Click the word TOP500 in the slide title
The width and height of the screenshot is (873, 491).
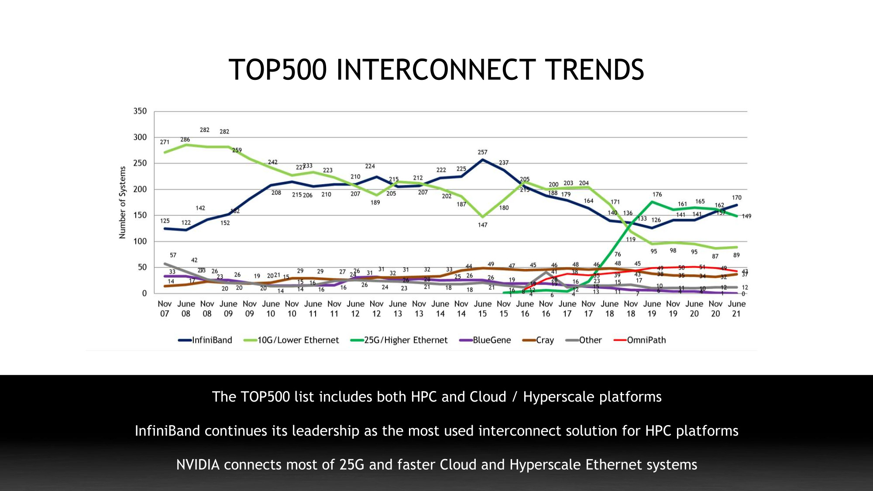[277, 70]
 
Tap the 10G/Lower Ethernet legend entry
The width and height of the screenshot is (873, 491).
[291, 340]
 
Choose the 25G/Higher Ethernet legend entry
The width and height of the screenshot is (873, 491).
[399, 340]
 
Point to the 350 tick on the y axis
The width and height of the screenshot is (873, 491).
[140, 111]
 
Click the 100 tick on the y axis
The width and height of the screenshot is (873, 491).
[140, 241]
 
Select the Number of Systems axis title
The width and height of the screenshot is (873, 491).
[123, 203]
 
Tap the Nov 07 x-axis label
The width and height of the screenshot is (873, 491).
[165, 309]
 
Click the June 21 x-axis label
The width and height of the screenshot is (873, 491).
[736, 309]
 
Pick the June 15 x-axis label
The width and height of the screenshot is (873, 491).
[482, 309]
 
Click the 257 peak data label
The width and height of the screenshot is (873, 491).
[482, 152]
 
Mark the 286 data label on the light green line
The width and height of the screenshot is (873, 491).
[185, 140]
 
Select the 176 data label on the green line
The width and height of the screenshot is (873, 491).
[657, 195]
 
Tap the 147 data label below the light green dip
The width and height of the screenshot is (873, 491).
[482, 225]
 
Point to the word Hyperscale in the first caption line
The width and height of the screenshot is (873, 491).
[558, 397]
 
